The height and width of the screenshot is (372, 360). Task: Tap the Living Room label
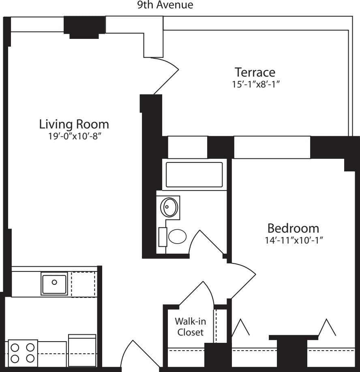coord(74,123)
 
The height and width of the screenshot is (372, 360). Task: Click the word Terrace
coord(255,73)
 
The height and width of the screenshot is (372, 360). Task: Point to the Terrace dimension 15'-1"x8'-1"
coord(255,85)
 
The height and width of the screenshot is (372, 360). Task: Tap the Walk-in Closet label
coord(189,327)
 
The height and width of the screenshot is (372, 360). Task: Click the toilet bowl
coord(177,237)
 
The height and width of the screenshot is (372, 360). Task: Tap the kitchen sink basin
coord(54,282)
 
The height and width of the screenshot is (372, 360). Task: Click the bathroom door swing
coord(205,243)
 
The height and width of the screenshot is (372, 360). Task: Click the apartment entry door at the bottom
coord(139,354)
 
